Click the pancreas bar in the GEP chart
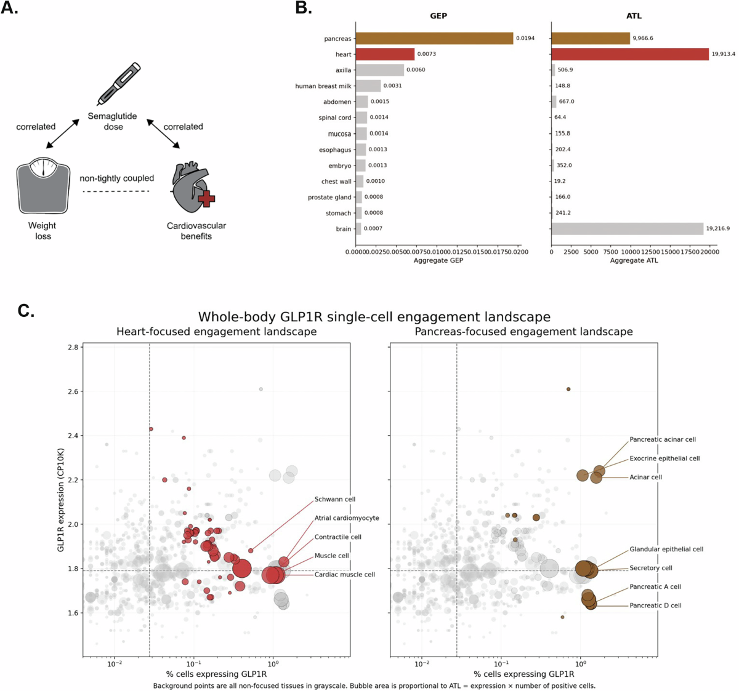[434, 38]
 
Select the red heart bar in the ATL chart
[630, 54]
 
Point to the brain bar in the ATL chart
[628, 229]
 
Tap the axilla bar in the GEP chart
[379, 70]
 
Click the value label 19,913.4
[724, 54]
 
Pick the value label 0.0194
[525, 38]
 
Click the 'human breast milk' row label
[323, 86]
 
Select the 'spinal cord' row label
[334, 118]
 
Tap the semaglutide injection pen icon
[118, 84]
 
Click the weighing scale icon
[44, 185]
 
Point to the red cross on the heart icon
[206, 199]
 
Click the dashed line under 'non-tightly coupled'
[116, 191]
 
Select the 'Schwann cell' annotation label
[335, 499]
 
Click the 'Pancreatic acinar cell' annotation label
[663, 439]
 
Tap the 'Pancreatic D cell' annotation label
[655, 605]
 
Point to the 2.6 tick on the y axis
[73, 391]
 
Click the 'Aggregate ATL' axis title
[634, 260]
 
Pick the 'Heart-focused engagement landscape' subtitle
[217, 332]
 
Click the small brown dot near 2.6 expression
[568, 389]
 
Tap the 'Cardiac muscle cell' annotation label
[345, 575]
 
